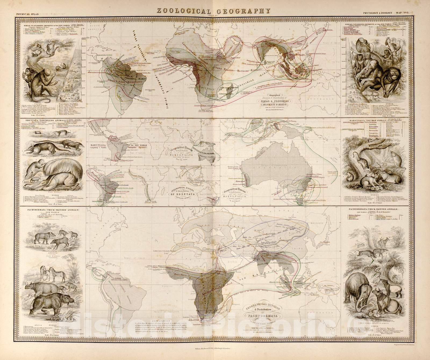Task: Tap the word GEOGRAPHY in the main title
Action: (246, 11)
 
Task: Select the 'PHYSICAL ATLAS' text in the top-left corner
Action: (27, 13)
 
